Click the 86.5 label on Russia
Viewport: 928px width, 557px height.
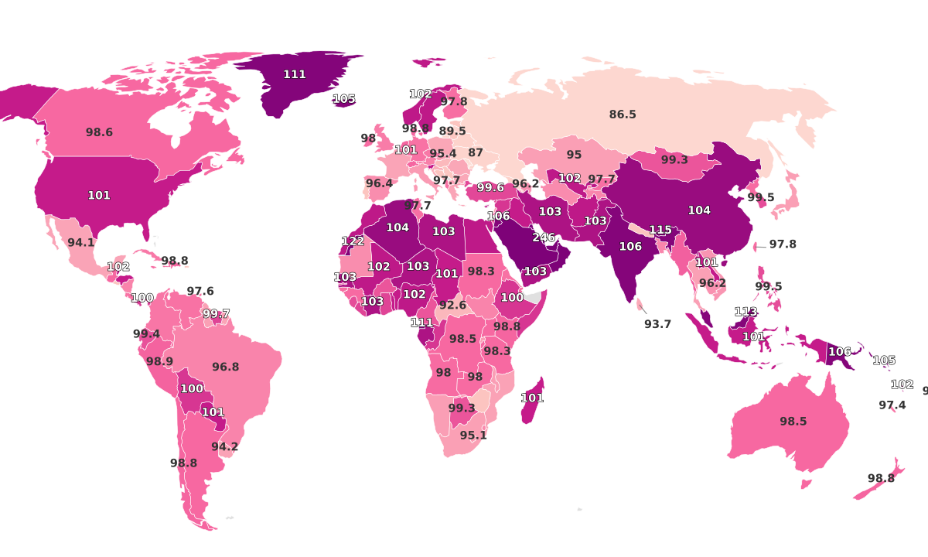[622, 114]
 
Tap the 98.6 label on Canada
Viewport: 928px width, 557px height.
[99, 132]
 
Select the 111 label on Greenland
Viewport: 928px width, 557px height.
[294, 74]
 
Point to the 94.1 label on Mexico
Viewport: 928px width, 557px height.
[80, 242]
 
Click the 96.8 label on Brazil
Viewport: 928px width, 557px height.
[225, 367]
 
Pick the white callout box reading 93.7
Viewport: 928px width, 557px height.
[657, 324]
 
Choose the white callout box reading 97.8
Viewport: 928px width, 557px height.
[782, 244]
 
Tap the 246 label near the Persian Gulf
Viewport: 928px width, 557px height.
[544, 237]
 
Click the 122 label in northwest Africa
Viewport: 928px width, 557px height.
[353, 241]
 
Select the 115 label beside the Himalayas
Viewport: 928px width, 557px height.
[660, 230]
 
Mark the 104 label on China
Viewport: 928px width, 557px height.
[698, 210]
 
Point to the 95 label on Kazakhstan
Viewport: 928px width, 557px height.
[573, 155]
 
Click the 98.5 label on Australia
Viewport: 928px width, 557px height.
[793, 422]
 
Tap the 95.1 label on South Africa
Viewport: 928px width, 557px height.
[473, 436]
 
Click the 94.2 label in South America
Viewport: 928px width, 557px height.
[224, 446]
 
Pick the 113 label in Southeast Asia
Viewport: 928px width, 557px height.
[745, 312]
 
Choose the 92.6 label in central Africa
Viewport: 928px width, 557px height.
[452, 305]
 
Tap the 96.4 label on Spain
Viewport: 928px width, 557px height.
[379, 183]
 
